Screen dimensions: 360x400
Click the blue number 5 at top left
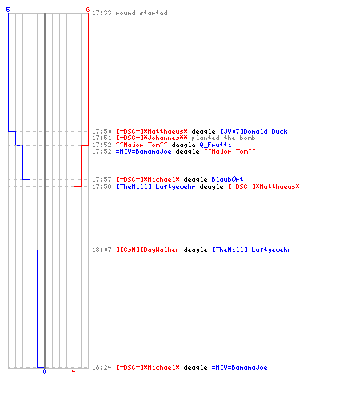tap(8, 10)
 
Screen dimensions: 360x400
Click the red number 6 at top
tap(88, 10)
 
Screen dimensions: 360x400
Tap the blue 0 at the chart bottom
tap(44, 371)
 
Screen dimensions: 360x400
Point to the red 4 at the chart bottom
tap(74, 371)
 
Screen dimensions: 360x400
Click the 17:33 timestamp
tap(102, 13)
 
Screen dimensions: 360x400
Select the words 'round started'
tap(142, 13)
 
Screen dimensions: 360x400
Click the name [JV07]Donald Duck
tap(254, 131)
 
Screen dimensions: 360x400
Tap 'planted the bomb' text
tap(223, 138)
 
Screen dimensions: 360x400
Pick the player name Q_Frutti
tap(215, 145)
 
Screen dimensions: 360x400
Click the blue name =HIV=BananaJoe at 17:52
tap(143, 151)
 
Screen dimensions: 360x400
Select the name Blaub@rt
tap(227, 179)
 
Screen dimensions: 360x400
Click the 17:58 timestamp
tap(102, 186)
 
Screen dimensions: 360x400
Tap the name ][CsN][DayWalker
tap(148, 250)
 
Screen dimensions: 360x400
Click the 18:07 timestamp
tap(102, 250)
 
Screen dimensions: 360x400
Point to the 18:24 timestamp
tap(102, 367)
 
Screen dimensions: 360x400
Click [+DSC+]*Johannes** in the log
tap(152, 138)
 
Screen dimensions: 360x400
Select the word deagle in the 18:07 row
tap(195, 250)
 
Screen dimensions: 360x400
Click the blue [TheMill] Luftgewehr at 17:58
tap(156, 186)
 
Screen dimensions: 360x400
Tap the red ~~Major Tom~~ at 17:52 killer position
tap(142, 145)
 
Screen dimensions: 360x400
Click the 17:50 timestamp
tap(102, 131)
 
